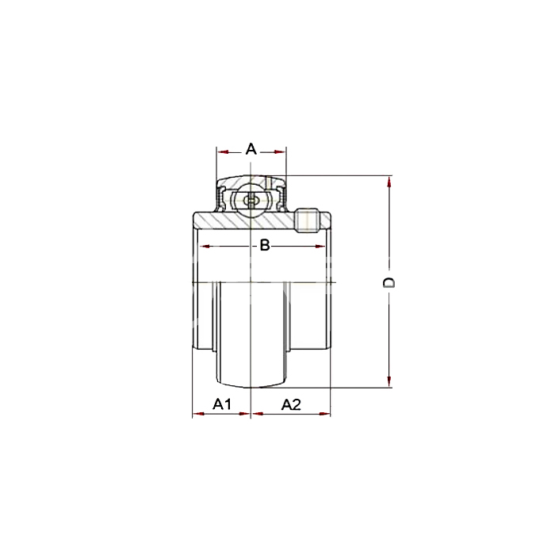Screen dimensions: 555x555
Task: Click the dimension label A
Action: click(x=251, y=149)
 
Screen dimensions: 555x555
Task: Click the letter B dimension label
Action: click(x=265, y=245)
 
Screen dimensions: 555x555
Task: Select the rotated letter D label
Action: click(x=389, y=282)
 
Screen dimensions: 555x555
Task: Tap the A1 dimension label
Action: click(x=222, y=404)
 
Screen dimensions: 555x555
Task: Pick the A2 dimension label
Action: click(x=291, y=404)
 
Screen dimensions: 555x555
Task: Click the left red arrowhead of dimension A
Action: click(x=223, y=152)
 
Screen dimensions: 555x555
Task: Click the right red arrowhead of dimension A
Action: click(x=280, y=152)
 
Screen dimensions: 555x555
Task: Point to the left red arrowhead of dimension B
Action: click(x=205, y=247)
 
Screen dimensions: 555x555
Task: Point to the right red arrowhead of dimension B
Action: click(x=320, y=247)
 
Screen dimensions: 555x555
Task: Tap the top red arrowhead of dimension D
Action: click(x=389, y=182)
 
